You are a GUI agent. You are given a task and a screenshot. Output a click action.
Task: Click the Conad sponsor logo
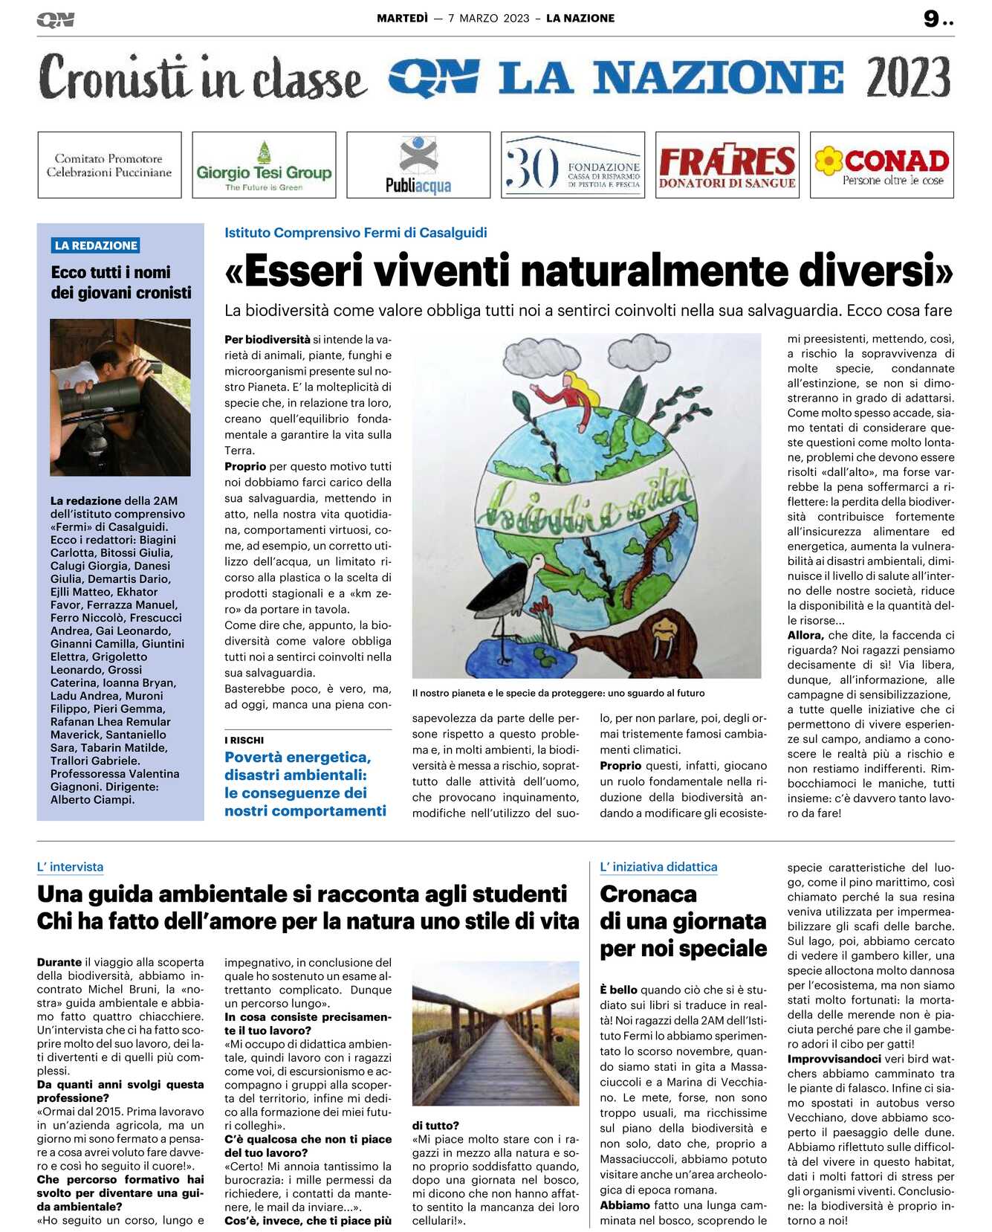pos(881,165)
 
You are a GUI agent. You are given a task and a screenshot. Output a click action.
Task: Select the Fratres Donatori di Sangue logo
pos(727,165)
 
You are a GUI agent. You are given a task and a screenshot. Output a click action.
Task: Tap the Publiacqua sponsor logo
pos(418,165)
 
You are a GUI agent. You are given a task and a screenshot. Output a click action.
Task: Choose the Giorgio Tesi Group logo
pos(264,165)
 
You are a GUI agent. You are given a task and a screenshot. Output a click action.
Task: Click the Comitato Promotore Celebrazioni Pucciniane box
pos(109,165)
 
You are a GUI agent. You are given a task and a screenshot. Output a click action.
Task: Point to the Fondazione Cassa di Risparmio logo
pos(573,165)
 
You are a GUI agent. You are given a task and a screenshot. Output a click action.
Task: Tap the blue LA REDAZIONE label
pos(96,245)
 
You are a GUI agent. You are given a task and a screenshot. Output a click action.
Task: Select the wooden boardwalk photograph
pos(496,1033)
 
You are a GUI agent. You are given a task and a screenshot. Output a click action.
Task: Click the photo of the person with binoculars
pos(120,397)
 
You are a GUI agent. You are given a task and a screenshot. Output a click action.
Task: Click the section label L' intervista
pos(70,867)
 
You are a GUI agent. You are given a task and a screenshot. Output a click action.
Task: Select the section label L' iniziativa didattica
pos(658,867)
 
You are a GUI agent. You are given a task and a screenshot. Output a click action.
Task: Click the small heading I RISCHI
pos(244,740)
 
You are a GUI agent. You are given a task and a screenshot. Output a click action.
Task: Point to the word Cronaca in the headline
pos(648,894)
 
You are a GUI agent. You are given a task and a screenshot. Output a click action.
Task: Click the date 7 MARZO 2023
pos(488,19)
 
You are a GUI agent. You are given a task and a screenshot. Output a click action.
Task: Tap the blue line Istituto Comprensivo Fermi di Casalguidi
pos(355,233)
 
